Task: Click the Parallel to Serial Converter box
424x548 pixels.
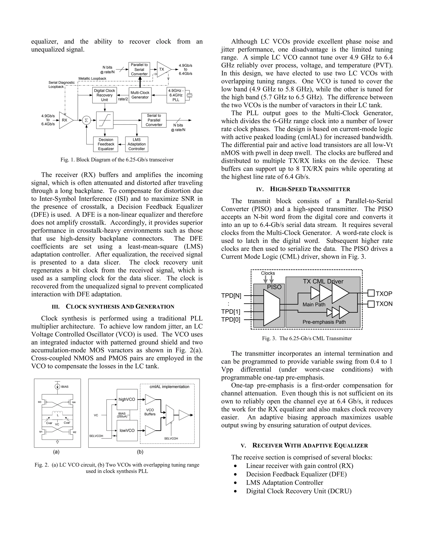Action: (x=139, y=69)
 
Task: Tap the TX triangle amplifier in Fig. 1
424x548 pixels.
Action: (x=163, y=69)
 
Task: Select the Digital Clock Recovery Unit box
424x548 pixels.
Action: (x=105, y=95)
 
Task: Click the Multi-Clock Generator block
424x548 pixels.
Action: (x=140, y=95)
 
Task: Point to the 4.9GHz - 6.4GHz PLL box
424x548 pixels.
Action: (x=176, y=95)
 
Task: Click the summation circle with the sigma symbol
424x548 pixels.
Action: (x=86, y=120)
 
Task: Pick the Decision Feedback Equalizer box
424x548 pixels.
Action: (x=106, y=144)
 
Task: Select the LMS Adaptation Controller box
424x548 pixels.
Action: (x=137, y=144)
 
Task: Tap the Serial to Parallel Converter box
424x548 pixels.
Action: (x=154, y=120)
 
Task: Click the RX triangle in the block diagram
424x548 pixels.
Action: (x=65, y=120)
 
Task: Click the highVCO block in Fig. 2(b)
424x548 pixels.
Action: (x=127, y=399)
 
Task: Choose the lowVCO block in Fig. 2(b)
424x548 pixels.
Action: (x=127, y=430)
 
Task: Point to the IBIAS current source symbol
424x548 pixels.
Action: (x=57, y=387)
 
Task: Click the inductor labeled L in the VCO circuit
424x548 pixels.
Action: (x=58, y=412)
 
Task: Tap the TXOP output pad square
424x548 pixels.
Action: (x=371, y=293)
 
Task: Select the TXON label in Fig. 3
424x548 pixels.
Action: (x=384, y=304)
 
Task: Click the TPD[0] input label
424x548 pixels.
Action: (x=231, y=320)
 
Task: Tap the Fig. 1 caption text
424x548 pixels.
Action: (x=117, y=160)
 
